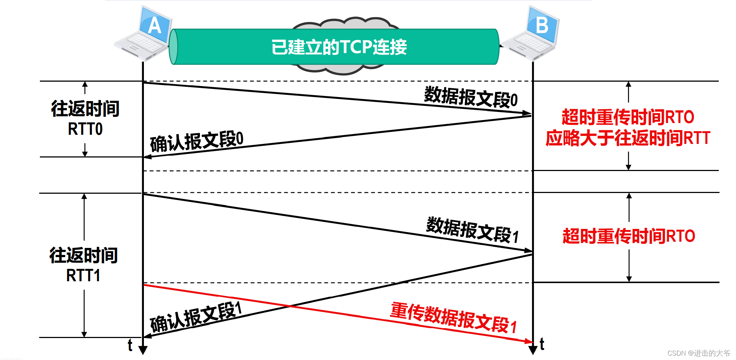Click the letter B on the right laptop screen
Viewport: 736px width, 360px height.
pyautogui.click(x=542, y=25)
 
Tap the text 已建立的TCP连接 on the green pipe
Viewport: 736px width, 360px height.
pyautogui.click(x=339, y=47)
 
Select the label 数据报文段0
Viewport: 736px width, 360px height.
pyautogui.click(x=471, y=97)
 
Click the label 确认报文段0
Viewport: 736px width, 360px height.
pyautogui.click(x=197, y=141)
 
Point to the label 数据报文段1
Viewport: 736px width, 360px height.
pyautogui.click(x=472, y=230)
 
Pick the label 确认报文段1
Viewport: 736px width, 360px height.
pyautogui.click(x=196, y=317)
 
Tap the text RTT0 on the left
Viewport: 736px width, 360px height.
pyautogui.click(x=85, y=129)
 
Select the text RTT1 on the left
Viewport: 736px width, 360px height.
pyautogui.click(x=83, y=275)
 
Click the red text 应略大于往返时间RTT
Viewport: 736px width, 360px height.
pyautogui.click(x=628, y=138)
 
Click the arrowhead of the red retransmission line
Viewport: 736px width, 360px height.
pyautogui.click(x=529, y=341)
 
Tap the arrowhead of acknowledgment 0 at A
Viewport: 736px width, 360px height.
pyautogui.click(x=147, y=157)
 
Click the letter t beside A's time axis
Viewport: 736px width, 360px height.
pyautogui.click(x=130, y=345)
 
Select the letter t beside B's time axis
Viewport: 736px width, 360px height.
pyautogui.click(x=542, y=344)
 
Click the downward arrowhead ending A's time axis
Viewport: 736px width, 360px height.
pyautogui.click(x=143, y=350)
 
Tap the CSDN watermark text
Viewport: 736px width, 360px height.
pyautogui.click(x=699, y=353)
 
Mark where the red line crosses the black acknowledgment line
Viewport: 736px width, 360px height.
pyautogui.click(x=291, y=305)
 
